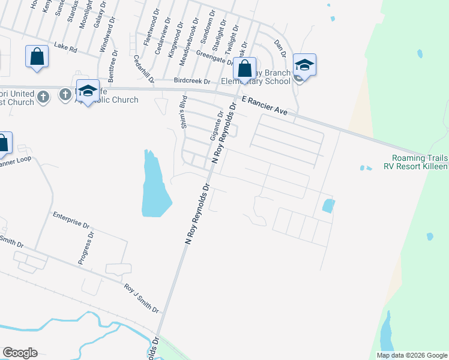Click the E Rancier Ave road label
(267, 103)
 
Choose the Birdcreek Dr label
(192, 80)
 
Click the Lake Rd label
(65, 47)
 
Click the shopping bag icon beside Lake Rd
(37, 57)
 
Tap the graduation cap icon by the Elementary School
(304, 65)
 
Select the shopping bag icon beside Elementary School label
(244, 68)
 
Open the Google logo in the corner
(20, 353)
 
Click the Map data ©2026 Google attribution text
(412, 355)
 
